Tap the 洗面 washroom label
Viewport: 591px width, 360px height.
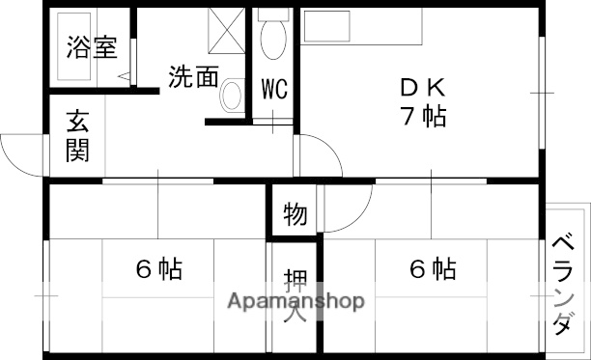click(x=193, y=77)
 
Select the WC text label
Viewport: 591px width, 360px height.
click(x=275, y=89)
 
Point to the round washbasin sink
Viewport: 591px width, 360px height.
click(x=232, y=96)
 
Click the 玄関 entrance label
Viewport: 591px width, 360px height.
click(x=78, y=137)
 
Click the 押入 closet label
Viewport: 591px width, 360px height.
click(x=295, y=296)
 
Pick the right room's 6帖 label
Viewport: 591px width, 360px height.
click(x=433, y=269)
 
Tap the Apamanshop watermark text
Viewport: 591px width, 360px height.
click(x=295, y=301)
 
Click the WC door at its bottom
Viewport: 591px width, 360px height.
click(x=275, y=123)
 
